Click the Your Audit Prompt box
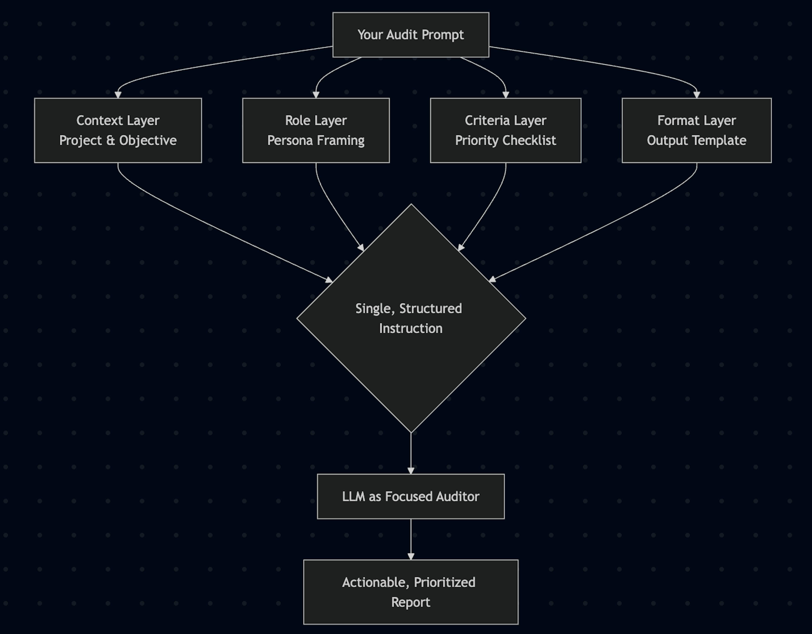coord(410,35)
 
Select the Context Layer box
coord(118,130)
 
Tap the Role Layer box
coord(316,130)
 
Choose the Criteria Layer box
coord(505,130)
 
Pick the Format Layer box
coord(696,130)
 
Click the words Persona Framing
coord(316,141)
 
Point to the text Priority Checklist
coord(505,141)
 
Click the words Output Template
coord(696,141)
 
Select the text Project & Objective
coord(118,141)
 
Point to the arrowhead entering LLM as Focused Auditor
coord(411,471)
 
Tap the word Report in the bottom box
coord(410,602)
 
